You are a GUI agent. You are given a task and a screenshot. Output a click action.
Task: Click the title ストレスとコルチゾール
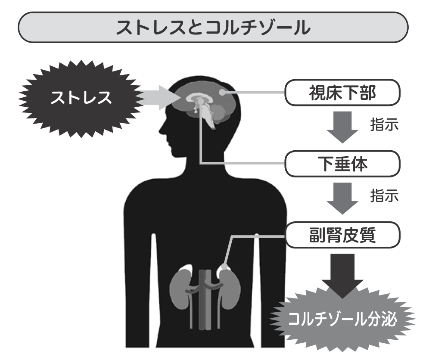(x=213, y=28)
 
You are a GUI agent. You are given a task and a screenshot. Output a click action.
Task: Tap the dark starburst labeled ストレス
(x=80, y=98)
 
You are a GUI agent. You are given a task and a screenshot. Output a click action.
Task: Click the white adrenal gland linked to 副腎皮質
(x=224, y=269)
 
